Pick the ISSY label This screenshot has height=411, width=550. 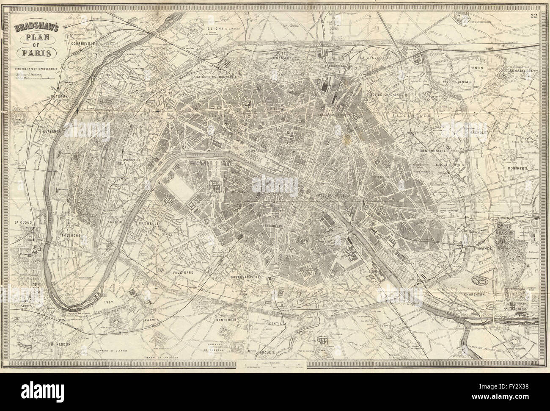click(107, 303)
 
